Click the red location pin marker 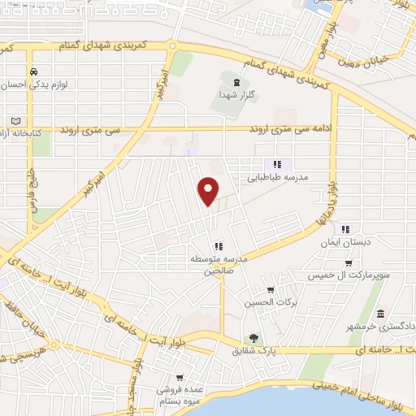(209, 190)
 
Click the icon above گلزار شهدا (236, 82)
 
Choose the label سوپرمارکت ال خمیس (349, 276)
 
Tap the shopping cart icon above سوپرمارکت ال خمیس (349, 263)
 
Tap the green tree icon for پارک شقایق (255, 338)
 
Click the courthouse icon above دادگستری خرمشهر (380, 314)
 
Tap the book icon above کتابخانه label (16, 120)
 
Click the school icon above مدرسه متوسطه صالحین (218, 246)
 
